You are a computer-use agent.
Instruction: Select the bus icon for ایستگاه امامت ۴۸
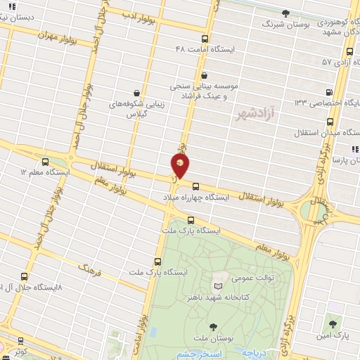[205, 39]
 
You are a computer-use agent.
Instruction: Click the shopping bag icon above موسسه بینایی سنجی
[204, 76]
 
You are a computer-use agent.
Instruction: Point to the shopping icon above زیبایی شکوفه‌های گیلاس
[136, 92]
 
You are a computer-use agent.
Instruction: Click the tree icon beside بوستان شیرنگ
[285, 13]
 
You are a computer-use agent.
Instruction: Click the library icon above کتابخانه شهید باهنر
[219, 285]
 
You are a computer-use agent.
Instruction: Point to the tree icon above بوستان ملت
[212, 326]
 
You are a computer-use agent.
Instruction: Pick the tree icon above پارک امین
[333, 324]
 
